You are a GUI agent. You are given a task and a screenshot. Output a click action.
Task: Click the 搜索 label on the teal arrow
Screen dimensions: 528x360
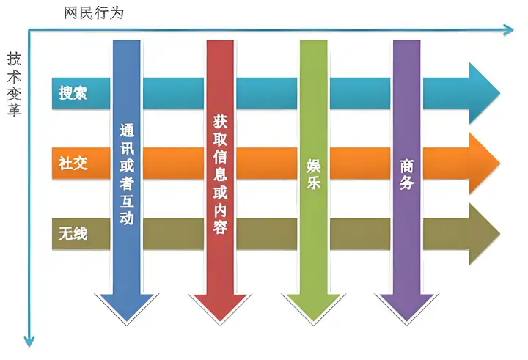[x=73, y=92]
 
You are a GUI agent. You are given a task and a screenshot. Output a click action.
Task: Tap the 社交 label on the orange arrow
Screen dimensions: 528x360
[x=73, y=163]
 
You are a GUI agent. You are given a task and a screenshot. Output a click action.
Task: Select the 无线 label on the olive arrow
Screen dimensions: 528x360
[x=73, y=233]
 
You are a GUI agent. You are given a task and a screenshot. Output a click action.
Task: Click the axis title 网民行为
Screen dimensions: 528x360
[x=94, y=12]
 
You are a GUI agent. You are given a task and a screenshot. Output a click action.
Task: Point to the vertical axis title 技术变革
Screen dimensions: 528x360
[x=14, y=84]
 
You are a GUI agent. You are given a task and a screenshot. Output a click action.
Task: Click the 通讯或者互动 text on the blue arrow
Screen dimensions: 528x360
[x=127, y=174]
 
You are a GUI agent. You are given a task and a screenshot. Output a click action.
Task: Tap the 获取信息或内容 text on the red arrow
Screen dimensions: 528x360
[x=220, y=174]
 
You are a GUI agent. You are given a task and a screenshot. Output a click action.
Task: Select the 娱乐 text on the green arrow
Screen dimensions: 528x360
[x=313, y=174]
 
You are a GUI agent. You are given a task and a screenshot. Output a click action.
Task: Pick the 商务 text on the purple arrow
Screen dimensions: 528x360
[x=406, y=174]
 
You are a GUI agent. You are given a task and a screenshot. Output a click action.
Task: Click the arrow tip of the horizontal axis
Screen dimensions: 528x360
[x=513, y=29]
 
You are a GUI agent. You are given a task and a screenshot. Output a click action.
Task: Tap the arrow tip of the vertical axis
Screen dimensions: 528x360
[x=29, y=346]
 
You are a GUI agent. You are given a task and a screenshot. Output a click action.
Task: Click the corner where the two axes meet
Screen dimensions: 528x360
[x=29, y=30]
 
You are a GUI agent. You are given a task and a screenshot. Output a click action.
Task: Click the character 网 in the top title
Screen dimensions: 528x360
[x=71, y=12]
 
